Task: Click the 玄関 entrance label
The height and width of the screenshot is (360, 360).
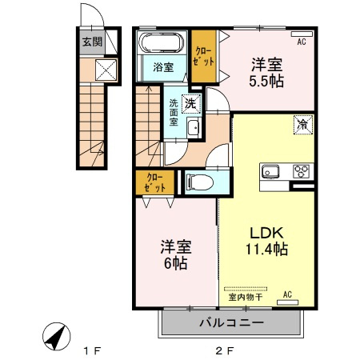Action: pos(92,42)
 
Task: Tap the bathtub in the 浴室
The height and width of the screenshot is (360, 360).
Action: pos(162,43)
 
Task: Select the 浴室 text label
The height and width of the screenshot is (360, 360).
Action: pos(163,67)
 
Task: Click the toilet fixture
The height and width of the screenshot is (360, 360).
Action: pos(200,182)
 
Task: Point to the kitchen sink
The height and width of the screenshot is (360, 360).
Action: pos(270,171)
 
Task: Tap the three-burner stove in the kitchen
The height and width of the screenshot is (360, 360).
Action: pos(302,171)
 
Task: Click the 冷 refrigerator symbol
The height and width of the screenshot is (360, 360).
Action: pos(303,125)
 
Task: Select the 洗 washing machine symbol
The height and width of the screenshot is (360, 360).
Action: pos(191,104)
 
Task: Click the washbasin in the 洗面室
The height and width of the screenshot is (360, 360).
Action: pos(193,128)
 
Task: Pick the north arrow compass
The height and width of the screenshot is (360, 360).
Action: pos(57,336)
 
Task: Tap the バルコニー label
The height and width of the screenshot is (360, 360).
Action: pos(232,323)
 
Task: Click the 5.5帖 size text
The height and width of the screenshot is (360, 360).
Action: pos(266,81)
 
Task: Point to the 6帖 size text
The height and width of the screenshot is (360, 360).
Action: pos(175,263)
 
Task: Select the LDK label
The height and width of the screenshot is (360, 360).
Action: pos(266,233)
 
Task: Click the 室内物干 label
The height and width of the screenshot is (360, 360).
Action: pos(246,297)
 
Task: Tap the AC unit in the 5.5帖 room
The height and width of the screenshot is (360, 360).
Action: pos(302,34)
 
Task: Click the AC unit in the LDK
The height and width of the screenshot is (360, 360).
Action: pos(288,302)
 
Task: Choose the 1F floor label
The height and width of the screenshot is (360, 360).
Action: pos(93,350)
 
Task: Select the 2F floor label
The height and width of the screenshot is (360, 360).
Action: pos(225,350)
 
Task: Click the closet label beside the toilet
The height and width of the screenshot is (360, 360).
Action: pos(154,182)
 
